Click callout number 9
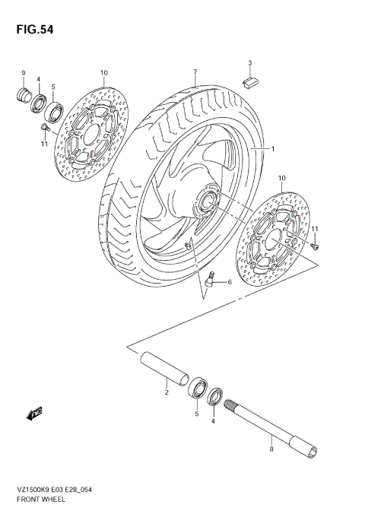24,73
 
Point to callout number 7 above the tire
195,73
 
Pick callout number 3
249,62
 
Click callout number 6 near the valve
228,282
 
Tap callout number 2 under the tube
165,392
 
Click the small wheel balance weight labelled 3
249,78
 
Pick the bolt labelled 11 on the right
316,245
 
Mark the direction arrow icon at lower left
33,414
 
